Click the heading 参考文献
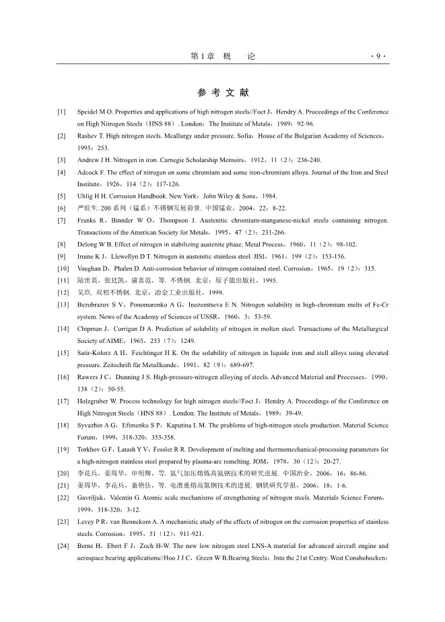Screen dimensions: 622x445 (223, 92)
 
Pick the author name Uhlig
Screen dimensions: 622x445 (87, 196)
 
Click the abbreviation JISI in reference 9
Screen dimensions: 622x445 (255, 257)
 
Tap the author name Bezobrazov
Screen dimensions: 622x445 (96, 305)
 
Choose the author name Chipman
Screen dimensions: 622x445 (92, 329)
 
